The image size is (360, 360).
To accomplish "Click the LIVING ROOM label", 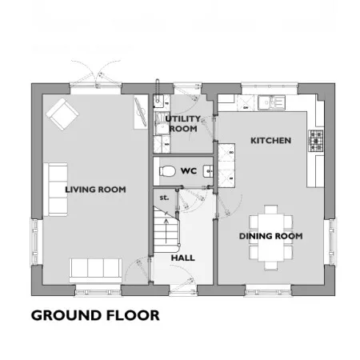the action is click(95, 190).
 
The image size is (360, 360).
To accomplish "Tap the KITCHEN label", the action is click(270, 141).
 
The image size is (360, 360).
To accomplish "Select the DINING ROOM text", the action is click(270, 236).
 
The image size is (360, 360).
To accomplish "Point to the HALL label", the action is click(183, 258).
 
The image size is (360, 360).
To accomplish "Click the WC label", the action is click(189, 171).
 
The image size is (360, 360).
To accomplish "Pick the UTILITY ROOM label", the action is click(183, 124).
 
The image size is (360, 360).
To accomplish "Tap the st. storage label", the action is click(164, 198).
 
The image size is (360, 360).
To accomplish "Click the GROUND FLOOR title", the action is click(95, 315).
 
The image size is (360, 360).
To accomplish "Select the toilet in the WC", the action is click(167, 171).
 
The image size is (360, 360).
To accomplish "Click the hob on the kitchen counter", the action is click(316, 141).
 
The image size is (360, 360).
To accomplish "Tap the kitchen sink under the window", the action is click(271, 103).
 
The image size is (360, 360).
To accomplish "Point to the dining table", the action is click(270, 238).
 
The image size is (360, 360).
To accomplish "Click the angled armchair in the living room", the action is click(62, 114).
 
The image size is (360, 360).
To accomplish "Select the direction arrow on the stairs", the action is click(166, 231).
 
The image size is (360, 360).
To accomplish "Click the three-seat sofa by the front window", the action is click(95, 270).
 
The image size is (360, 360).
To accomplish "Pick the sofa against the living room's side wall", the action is click(55, 190).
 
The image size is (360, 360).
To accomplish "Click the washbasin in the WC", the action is click(208, 171).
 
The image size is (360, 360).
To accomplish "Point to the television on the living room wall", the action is click(141, 112).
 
